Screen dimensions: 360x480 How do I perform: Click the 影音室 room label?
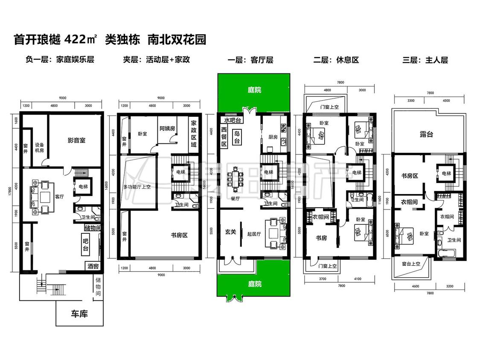76,140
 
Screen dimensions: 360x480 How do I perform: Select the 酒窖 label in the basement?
93,266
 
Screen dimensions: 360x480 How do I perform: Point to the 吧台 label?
86,244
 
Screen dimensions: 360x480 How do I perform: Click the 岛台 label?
236,137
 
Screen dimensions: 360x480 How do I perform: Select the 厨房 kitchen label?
273,137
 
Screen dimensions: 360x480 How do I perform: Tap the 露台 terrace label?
426,134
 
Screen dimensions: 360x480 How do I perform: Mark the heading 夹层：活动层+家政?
156,60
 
